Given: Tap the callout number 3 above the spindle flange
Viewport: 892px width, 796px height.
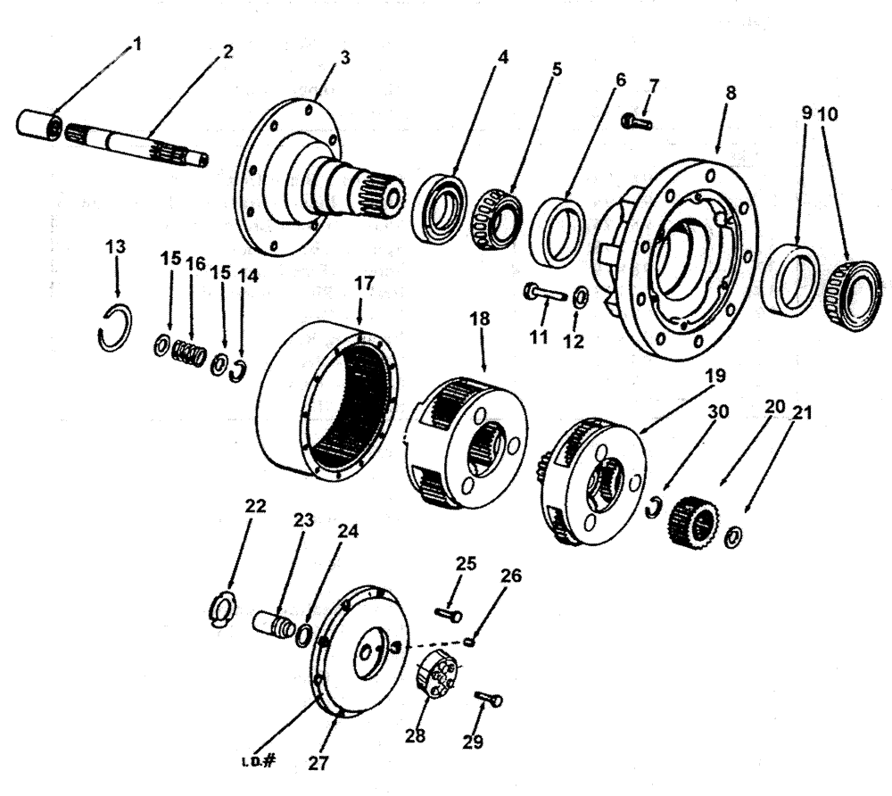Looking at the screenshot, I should click(343, 57).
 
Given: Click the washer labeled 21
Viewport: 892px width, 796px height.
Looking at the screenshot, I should click(733, 538).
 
